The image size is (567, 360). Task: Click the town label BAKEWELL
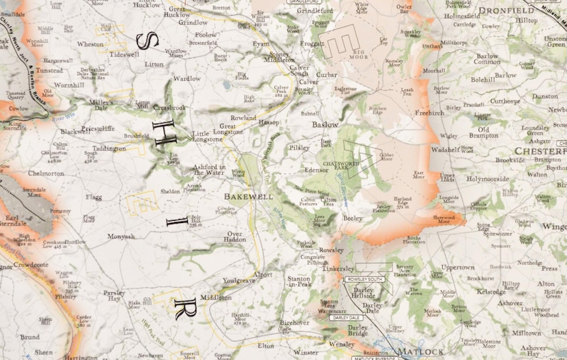pyautogui.click(x=249, y=196)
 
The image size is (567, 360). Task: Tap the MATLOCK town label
pyautogui.click(x=422, y=352)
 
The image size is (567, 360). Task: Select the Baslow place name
pyautogui.click(x=326, y=124)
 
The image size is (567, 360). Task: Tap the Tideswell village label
pyautogui.click(x=124, y=54)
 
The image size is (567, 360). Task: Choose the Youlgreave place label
pyautogui.click(x=239, y=281)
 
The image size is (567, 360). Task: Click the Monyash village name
pyautogui.click(x=121, y=236)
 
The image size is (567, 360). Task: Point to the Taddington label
pyautogui.click(x=109, y=149)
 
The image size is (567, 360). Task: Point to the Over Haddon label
pyautogui.click(x=235, y=238)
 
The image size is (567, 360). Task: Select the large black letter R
pyautogui.click(x=181, y=310)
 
